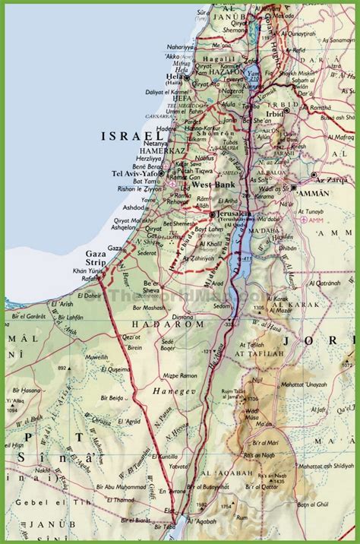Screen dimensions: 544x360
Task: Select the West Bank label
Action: tap(210, 185)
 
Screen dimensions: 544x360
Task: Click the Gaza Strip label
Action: tap(96, 258)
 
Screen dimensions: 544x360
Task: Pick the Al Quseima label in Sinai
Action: tap(97, 369)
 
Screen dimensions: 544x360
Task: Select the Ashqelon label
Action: tap(123, 227)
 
